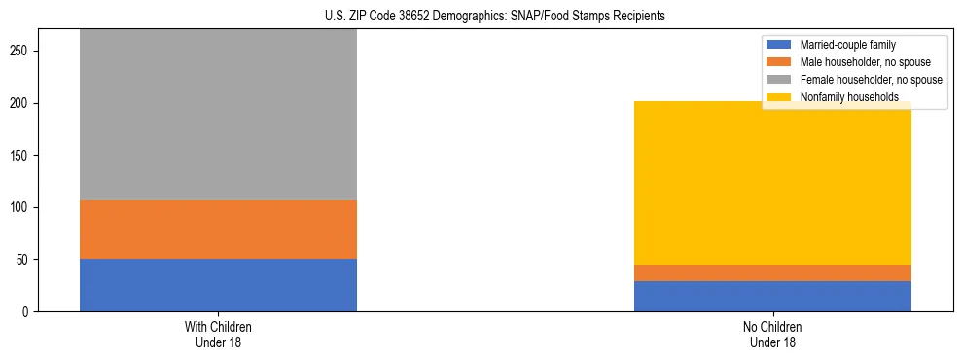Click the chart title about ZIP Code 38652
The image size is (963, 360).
click(481, 17)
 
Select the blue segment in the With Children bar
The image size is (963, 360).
click(218, 285)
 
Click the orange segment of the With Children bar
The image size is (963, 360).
click(218, 230)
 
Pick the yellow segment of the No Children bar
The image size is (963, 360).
click(772, 183)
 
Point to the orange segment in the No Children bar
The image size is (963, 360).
click(772, 272)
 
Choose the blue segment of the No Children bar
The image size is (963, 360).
click(772, 296)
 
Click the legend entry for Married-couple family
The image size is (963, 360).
click(847, 45)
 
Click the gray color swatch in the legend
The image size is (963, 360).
click(779, 80)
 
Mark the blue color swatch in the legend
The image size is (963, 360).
click(779, 45)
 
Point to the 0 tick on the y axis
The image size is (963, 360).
click(27, 312)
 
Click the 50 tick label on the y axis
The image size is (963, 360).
click(24, 260)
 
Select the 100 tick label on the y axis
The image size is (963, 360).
click(21, 208)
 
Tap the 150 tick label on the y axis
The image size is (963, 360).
click(21, 156)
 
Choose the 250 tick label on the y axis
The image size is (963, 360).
click(21, 52)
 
